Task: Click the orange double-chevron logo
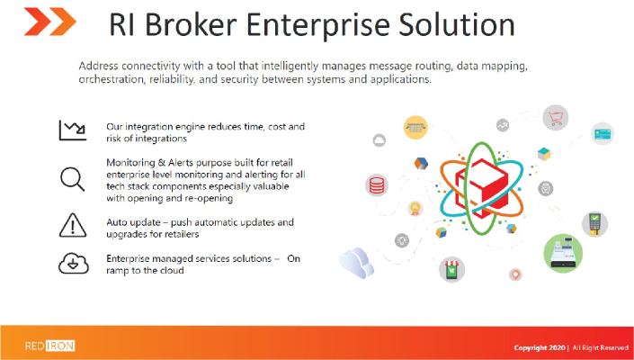click(x=50, y=22)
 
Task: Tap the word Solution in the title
click(x=456, y=24)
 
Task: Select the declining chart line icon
click(x=73, y=130)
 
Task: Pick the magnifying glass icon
click(x=73, y=179)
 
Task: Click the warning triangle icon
click(x=73, y=225)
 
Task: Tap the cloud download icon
click(x=74, y=263)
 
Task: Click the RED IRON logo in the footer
click(x=49, y=346)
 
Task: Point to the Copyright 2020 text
click(x=540, y=348)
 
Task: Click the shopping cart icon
click(x=555, y=118)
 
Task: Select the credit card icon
click(x=603, y=133)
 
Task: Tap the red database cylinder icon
click(x=377, y=185)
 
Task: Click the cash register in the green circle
click(x=563, y=253)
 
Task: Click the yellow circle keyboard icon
click(x=415, y=128)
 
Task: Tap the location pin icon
click(x=515, y=274)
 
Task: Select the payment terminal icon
click(x=594, y=224)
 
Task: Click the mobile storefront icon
click(x=452, y=269)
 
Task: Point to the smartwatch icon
click(x=546, y=188)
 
